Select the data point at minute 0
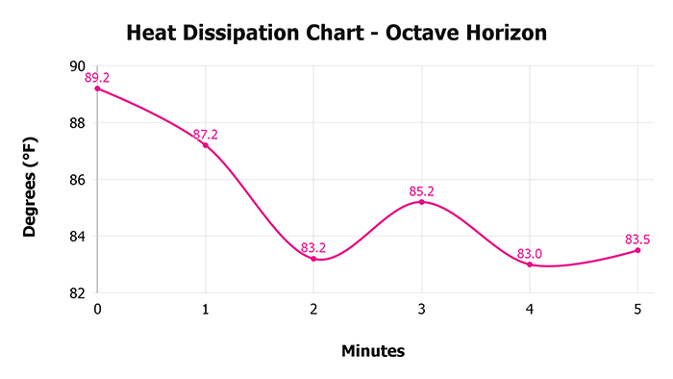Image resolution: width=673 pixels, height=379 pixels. [x=97, y=88]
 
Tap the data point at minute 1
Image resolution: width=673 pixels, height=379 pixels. [x=205, y=145]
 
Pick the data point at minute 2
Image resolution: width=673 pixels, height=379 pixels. [x=313, y=259]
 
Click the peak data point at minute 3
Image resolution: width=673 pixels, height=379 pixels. [x=421, y=202]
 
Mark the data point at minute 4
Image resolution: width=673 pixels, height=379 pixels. [x=530, y=265]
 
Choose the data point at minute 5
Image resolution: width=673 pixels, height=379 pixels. [x=637, y=250]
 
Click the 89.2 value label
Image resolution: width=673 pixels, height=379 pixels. [x=97, y=77]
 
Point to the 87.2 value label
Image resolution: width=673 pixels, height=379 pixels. [x=205, y=135]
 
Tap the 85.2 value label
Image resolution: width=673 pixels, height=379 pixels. [x=421, y=190]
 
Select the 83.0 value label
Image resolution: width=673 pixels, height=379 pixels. [x=530, y=253]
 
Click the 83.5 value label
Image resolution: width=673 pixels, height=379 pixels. [x=637, y=239]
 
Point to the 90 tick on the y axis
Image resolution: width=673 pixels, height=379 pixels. [x=78, y=65]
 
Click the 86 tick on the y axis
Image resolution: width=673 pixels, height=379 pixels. [x=78, y=180]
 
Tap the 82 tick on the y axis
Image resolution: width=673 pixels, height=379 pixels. [x=78, y=292]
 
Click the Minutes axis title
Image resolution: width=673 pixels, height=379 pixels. [x=373, y=351]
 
